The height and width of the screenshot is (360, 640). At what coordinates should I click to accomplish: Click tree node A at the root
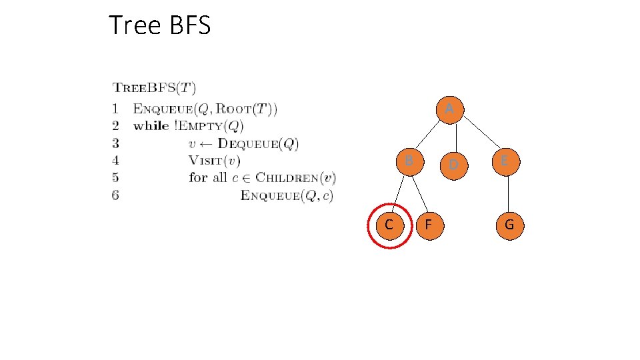point(450,109)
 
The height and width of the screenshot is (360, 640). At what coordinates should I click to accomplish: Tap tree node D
point(453,163)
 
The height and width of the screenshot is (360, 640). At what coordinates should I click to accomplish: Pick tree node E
point(504,161)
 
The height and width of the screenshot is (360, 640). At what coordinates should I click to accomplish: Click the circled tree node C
point(389,225)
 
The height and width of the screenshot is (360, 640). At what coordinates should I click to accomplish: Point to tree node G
point(509,225)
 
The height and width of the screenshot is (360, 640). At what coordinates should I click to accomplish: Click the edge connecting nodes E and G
point(508,193)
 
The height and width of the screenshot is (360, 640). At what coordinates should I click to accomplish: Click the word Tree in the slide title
point(135,25)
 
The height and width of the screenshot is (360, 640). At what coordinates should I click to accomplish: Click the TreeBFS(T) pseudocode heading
point(154,87)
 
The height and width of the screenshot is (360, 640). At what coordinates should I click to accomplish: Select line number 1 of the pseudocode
point(116,108)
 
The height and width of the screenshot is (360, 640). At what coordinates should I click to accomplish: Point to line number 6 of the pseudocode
point(116,195)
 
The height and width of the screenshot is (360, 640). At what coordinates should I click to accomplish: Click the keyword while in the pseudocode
point(151,125)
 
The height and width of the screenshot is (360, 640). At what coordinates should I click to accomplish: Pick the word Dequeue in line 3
point(246,143)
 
